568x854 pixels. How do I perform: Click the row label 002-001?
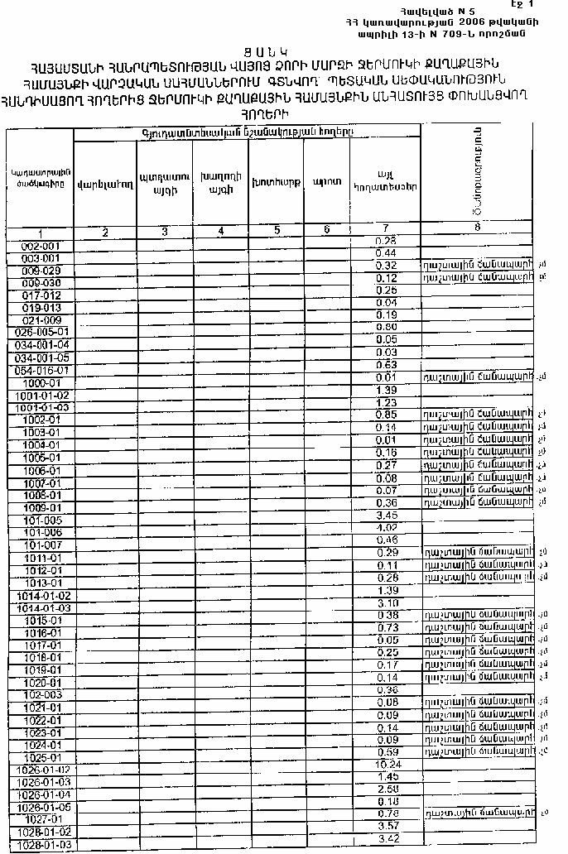pyautogui.click(x=41, y=246)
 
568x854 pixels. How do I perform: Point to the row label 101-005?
pyautogui.click(x=41, y=521)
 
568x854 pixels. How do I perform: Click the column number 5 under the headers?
pyautogui.click(x=277, y=231)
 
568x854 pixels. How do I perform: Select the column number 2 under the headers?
pyautogui.click(x=105, y=232)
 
